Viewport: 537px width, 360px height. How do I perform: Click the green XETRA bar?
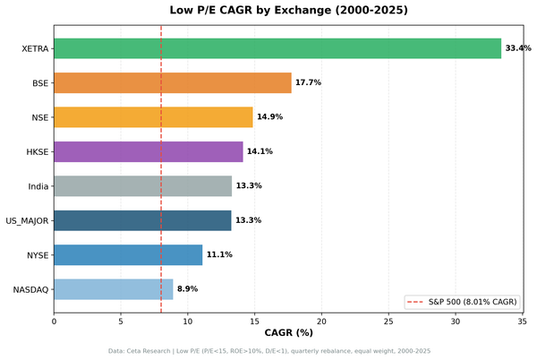(x=277, y=48)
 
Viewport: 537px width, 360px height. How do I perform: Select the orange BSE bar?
(x=172, y=83)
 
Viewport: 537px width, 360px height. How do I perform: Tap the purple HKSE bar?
(x=148, y=151)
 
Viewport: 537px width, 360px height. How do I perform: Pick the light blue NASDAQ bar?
(x=113, y=289)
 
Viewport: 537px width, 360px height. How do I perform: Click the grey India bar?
(x=142, y=186)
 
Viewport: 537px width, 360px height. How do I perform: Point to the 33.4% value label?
(x=518, y=48)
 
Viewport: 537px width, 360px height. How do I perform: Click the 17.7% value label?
(x=308, y=83)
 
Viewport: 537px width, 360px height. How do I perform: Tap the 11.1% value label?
(x=219, y=255)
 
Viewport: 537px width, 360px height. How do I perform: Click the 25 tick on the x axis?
(x=388, y=321)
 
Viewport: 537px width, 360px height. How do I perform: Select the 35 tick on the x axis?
(x=522, y=321)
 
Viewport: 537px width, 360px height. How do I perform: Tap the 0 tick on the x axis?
(x=54, y=321)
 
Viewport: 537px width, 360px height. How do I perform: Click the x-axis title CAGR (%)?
(x=288, y=333)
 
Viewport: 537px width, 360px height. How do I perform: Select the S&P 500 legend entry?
(x=462, y=302)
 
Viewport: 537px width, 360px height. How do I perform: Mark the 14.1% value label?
(x=260, y=151)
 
